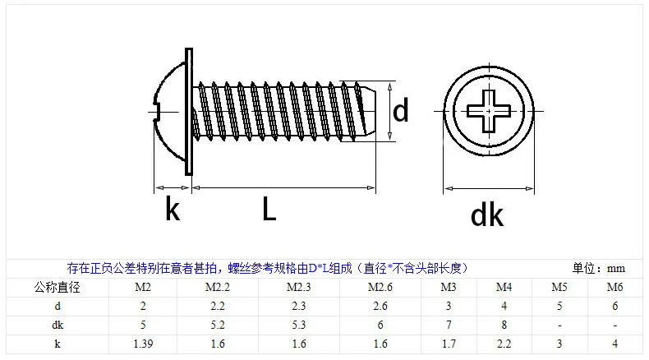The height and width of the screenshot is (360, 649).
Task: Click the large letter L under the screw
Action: click(269, 209)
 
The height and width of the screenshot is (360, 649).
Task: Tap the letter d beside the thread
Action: click(401, 110)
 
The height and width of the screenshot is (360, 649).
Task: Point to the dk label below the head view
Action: click(487, 215)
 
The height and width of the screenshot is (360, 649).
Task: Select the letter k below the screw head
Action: click(173, 210)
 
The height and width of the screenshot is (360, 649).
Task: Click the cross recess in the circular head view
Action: click(489, 111)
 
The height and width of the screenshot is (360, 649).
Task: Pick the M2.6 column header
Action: click(380, 287)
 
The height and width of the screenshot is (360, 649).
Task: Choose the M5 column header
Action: click(559, 287)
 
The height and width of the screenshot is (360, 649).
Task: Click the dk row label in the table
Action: click(58, 325)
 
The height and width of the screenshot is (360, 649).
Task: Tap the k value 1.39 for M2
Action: click(143, 344)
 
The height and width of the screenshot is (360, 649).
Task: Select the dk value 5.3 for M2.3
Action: click(299, 325)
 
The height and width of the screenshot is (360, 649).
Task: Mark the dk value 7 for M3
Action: click(449, 325)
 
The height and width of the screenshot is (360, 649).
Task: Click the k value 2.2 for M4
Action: click(504, 344)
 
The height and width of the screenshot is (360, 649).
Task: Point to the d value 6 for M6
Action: click(614, 306)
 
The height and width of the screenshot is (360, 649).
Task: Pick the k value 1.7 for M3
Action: click(449, 344)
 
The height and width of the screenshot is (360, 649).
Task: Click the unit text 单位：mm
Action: click(599, 269)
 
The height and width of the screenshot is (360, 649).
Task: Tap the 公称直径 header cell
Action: click(58, 287)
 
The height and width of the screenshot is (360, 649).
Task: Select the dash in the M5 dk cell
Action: click(559, 325)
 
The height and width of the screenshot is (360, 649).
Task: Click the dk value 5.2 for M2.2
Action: click(218, 325)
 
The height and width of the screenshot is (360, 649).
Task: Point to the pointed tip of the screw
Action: click(375, 111)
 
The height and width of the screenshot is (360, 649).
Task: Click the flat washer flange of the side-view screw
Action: click(189, 112)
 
